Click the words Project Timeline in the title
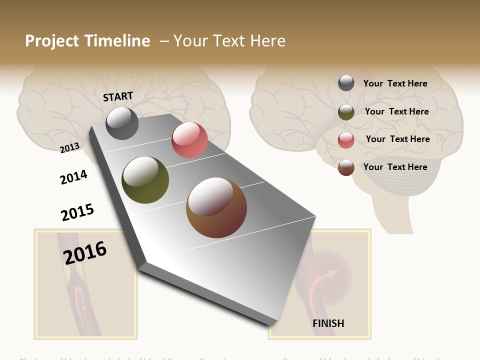87,41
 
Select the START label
118,96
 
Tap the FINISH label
328,323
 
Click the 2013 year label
69,147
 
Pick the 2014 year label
73,177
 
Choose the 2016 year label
85,252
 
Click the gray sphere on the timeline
122,123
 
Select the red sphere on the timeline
189,140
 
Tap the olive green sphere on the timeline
145,180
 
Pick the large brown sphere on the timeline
216,207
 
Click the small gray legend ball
346,83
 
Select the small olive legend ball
346,112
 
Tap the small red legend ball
346,140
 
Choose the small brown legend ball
346,167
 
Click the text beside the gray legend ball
395,83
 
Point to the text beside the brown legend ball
395,167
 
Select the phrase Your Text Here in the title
229,41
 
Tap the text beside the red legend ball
397,139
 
